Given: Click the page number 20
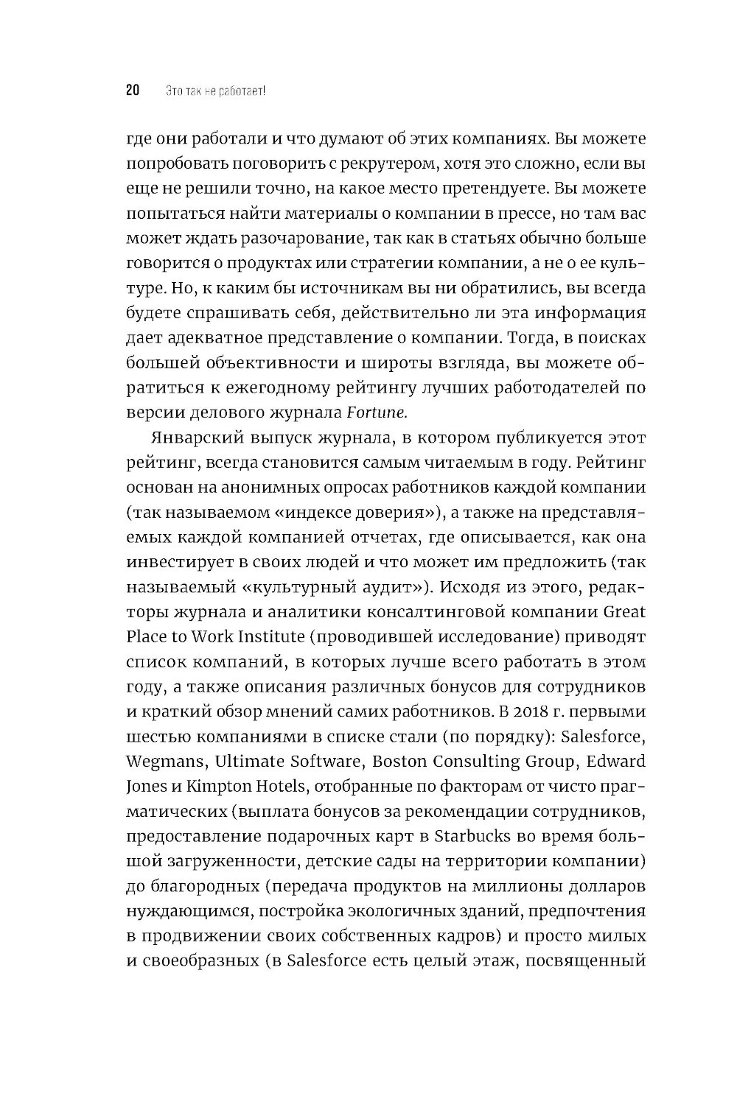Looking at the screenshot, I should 133,91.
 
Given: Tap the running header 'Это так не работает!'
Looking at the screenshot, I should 205,91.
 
